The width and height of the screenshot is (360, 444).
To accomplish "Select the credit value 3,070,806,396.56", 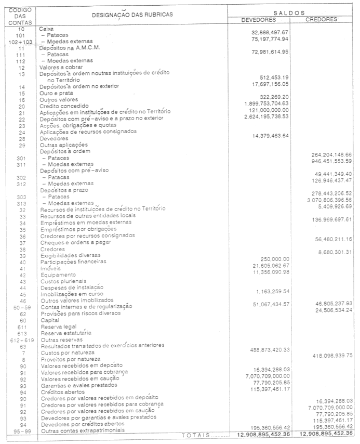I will coord(326,200).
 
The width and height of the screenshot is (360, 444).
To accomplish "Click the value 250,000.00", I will coord(275,259).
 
